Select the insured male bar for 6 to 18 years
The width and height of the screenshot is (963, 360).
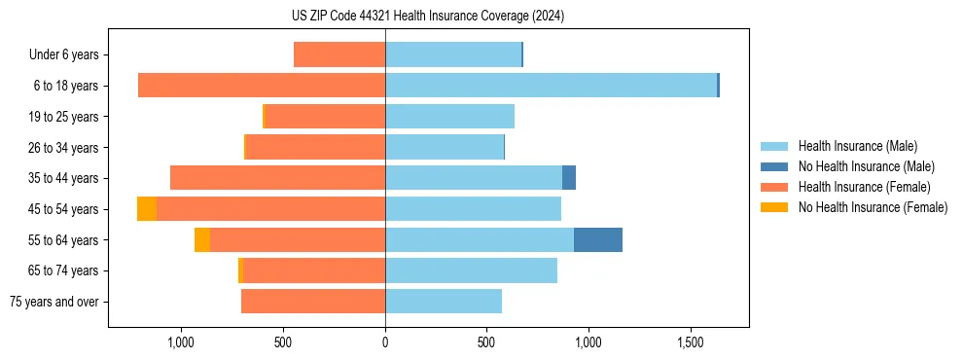(551, 86)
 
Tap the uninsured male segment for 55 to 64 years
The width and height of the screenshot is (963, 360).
(597, 240)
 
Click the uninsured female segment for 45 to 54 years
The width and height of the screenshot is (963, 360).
(147, 209)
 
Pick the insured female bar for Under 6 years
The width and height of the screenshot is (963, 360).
(339, 54)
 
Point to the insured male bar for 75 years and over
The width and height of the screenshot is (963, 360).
(444, 302)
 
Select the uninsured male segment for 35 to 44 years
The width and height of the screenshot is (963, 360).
(569, 178)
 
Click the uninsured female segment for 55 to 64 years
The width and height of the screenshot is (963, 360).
(202, 240)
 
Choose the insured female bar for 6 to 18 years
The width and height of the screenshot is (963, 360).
(262, 86)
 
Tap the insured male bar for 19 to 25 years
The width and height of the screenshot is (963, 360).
(449, 117)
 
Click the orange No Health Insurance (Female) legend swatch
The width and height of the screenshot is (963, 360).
(775, 207)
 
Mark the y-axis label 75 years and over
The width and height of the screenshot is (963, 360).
(54, 303)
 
